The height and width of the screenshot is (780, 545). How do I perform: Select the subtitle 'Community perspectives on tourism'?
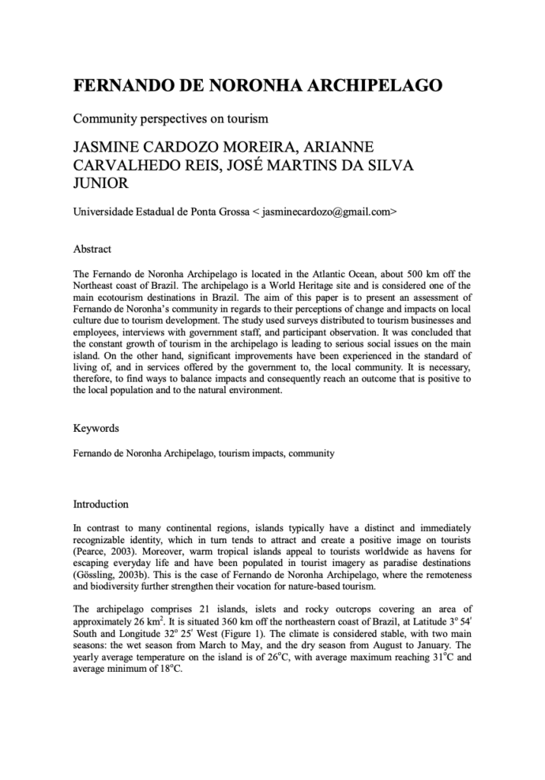click(172, 119)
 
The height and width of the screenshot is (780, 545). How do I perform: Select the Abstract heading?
click(92, 249)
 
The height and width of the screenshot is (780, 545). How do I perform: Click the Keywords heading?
click(96, 429)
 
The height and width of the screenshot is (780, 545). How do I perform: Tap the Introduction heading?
click(101, 504)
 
